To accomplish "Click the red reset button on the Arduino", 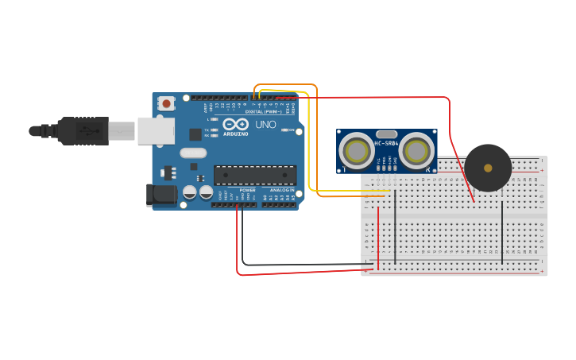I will point(166,103).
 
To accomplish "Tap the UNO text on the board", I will point(266,125).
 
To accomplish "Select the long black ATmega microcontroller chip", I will point(255,174).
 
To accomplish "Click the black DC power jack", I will point(160,195).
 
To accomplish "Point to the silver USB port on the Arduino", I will point(156,131).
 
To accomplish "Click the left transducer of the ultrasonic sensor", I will point(358,150).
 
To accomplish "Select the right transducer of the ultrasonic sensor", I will point(416,150).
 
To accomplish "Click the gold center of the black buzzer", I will point(488,168).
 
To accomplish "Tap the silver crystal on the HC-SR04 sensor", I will point(386,134).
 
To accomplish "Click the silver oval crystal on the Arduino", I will point(193,153).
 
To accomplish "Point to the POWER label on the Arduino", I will point(248,191).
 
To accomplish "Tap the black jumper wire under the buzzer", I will point(502,230).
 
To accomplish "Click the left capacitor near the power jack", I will point(190,192).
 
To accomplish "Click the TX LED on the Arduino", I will point(214,130).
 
